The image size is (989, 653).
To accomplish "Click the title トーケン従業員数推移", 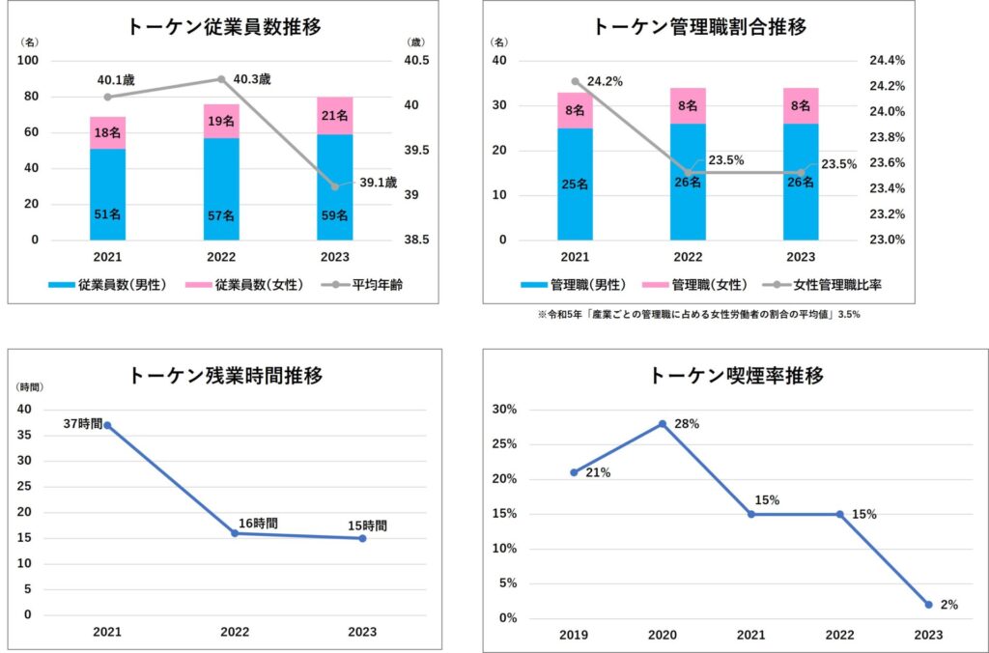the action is point(224,27).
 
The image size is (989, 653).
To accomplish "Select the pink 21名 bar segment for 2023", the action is point(335,116).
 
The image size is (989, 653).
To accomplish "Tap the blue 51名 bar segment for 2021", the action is point(108,194).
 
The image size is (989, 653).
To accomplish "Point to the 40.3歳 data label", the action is point(252,79).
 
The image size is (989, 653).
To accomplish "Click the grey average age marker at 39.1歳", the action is point(335,186).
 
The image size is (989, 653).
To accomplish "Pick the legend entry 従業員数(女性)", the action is point(244,285).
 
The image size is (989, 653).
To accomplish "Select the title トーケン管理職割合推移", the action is point(700,27).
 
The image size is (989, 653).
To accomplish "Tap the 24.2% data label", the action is point(605,81).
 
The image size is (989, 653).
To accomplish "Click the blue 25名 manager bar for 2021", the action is point(576,185).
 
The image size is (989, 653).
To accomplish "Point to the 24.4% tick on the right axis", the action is point(887,61).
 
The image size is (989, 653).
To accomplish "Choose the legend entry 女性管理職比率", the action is point(822,285).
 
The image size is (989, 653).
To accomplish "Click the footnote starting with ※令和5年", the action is point(699,315).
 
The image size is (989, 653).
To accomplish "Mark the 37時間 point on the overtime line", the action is point(107,425).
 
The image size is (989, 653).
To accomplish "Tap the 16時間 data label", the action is point(259,524).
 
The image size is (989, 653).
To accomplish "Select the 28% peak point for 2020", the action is point(663,424).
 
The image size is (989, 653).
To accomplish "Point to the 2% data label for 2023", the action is point(949,605).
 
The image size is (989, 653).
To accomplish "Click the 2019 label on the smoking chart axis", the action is point(574,635).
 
